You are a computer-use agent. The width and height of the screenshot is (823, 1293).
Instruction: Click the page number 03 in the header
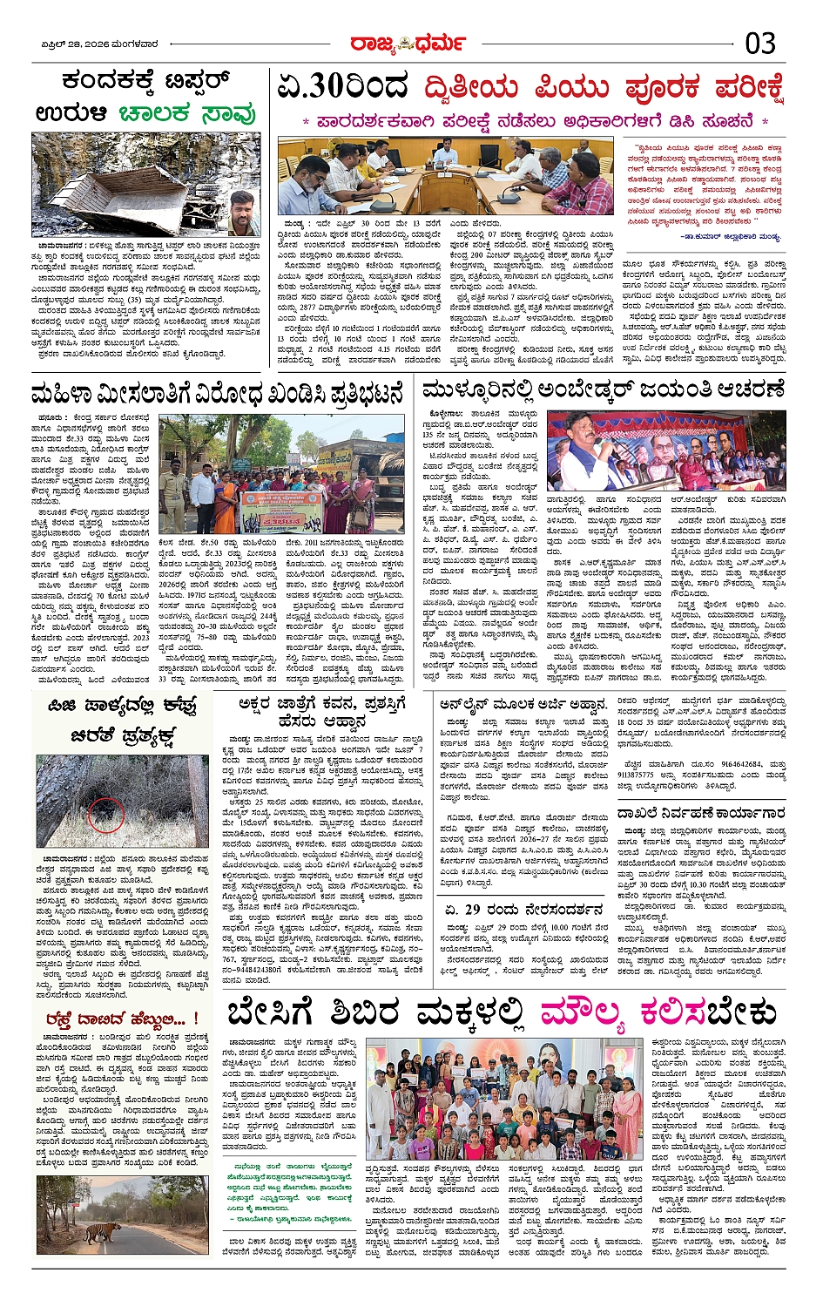[760, 43]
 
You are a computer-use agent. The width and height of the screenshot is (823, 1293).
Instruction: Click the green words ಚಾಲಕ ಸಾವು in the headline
[187, 113]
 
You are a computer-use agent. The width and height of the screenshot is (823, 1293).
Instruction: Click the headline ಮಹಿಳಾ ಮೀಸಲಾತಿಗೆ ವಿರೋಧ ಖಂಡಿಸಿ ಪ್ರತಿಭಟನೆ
[218, 393]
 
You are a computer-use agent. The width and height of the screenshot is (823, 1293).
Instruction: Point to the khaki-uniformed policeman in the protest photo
[172, 498]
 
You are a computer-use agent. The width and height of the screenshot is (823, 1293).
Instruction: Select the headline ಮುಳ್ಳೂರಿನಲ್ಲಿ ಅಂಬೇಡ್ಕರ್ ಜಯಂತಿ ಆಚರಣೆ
[604, 389]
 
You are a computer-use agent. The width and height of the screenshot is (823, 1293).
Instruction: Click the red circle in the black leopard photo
[106, 814]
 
